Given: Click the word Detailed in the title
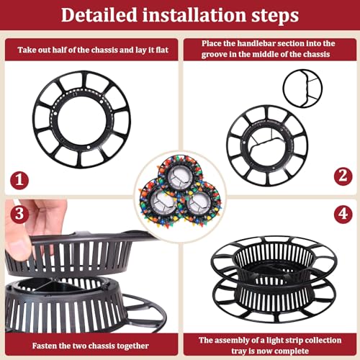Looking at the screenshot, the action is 99,15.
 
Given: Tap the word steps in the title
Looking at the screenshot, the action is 275,17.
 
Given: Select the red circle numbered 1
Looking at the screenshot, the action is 19,180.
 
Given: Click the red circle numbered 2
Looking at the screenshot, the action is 343,176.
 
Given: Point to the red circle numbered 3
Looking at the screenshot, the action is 19,214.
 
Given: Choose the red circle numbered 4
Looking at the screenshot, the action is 343,214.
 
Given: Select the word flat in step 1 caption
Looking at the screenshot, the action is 162,50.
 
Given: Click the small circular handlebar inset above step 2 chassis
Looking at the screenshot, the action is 302,89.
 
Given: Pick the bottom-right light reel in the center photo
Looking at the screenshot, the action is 200,204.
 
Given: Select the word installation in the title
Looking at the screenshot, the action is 194,15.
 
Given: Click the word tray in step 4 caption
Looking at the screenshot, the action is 238,351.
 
